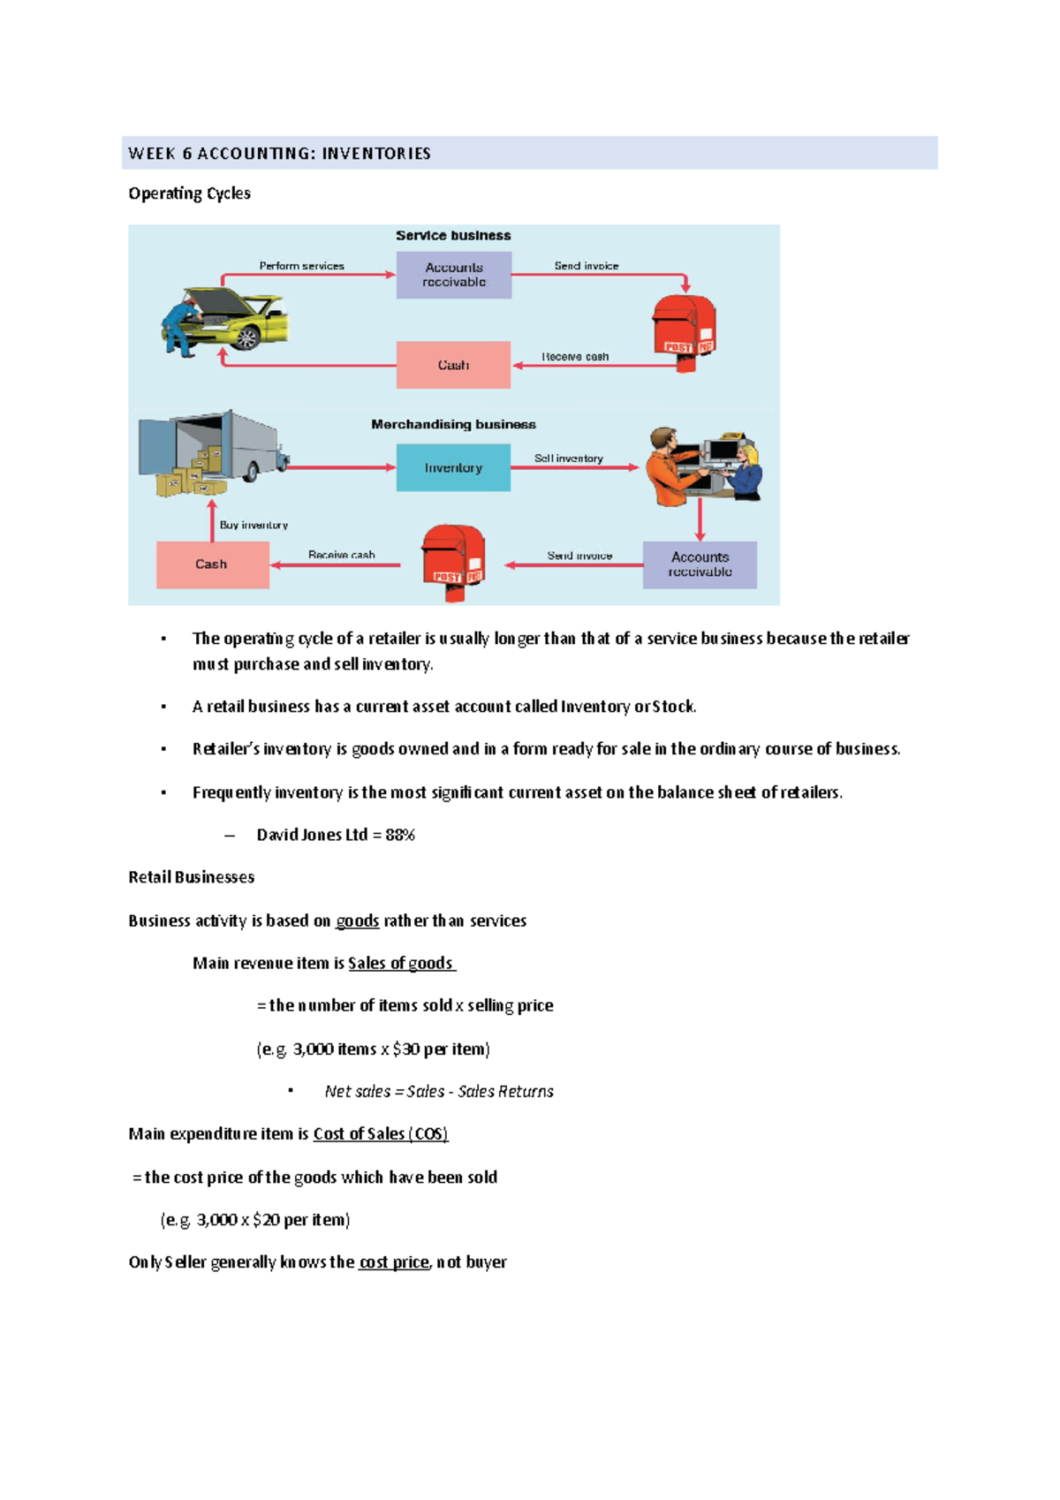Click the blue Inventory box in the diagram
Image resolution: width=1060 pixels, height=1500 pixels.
coord(453,467)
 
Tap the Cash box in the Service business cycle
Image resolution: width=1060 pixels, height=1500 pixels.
coord(453,365)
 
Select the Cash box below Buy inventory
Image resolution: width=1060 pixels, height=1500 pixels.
coord(213,564)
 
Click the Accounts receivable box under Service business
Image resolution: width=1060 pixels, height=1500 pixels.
coord(454,275)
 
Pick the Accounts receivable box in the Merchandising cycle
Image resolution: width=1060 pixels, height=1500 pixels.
coord(700,564)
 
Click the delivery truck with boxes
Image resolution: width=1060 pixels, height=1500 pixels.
coord(213,453)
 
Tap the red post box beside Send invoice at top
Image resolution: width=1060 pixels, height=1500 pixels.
coord(685,332)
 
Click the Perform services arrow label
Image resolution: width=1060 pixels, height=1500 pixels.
coord(301,266)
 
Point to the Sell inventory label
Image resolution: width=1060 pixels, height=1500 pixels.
coord(569,458)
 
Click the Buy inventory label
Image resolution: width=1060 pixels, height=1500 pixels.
coord(254,525)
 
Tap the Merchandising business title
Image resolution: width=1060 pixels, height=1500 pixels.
coord(453,425)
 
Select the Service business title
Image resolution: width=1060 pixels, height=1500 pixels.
coord(453,236)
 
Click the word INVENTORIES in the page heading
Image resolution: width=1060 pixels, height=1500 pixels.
coord(376,154)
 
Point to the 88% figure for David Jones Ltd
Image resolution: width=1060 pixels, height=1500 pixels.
coord(400,835)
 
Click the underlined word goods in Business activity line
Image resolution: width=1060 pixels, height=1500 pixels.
coord(358,921)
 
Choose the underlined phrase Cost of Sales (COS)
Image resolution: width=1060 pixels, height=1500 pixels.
coord(381,1133)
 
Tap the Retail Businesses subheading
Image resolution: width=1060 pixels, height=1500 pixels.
coord(192,877)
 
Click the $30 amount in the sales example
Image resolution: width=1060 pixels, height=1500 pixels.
coord(406,1049)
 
